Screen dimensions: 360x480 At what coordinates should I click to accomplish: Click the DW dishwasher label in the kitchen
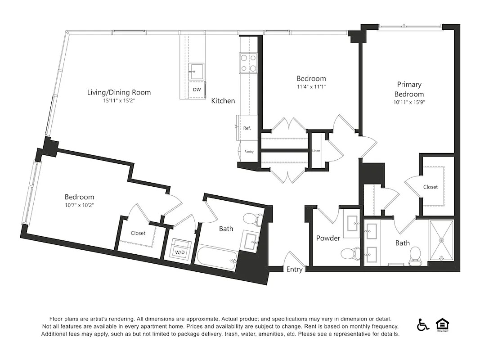[x=197, y=90]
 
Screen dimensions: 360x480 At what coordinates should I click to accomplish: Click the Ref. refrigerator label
[x=247, y=128]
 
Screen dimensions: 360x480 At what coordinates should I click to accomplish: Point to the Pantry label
[x=249, y=152]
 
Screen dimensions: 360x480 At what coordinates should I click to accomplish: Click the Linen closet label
[x=316, y=150]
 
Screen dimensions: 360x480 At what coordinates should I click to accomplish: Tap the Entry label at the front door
[x=295, y=270]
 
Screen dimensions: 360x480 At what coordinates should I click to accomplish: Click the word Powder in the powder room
[x=328, y=238]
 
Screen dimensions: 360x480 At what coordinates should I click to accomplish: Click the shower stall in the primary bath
[x=441, y=240]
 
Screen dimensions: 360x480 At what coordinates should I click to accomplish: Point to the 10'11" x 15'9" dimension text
[x=409, y=103]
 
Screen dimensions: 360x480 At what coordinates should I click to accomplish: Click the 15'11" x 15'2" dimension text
[x=119, y=101]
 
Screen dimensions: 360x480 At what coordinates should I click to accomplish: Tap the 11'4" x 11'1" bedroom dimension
[x=311, y=86]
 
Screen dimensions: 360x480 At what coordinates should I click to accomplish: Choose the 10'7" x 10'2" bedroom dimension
[x=79, y=205]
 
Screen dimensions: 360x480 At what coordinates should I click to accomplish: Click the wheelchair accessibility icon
[x=422, y=324]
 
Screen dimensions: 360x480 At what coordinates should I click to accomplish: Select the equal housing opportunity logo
[x=443, y=324]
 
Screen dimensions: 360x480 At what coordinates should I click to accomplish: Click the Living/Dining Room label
[x=119, y=92]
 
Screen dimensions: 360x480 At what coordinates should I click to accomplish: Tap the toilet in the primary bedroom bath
[x=415, y=255]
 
